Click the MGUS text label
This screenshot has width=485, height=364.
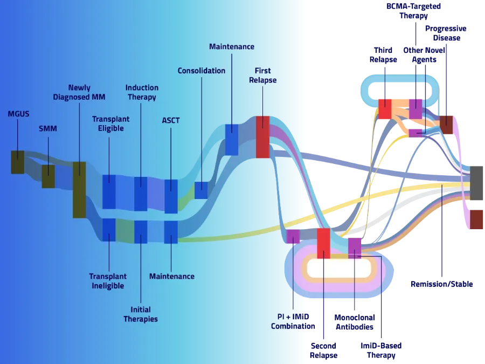click(x=18, y=114)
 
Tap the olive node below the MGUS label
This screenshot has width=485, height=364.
click(x=18, y=162)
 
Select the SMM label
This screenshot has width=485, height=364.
click(x=47, y=129)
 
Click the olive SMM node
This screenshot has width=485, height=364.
click(x=48, y=176)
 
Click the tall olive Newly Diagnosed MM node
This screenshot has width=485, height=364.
click(x=79, y=189)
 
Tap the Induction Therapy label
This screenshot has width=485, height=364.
click(x=142, y=92)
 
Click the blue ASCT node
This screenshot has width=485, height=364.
click(x=171, y=196)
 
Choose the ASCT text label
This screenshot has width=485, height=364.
click(x=171, y=120)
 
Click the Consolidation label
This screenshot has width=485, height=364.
click(x=202, y=71)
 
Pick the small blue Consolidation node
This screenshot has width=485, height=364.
click(x=201, y=190)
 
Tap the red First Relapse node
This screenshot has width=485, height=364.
click(x=262, y=137)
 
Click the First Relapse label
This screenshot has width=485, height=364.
click(x=263, y=75)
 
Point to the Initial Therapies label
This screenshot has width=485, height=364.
click(x=141, y=314)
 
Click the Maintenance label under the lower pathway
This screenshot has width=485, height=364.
click(x=171, y=276)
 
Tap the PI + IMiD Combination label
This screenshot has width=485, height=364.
click(x=293, y=321)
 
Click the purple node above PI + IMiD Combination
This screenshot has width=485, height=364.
click(x=293, y=236)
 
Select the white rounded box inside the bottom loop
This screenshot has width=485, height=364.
click(x=339, y=267)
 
